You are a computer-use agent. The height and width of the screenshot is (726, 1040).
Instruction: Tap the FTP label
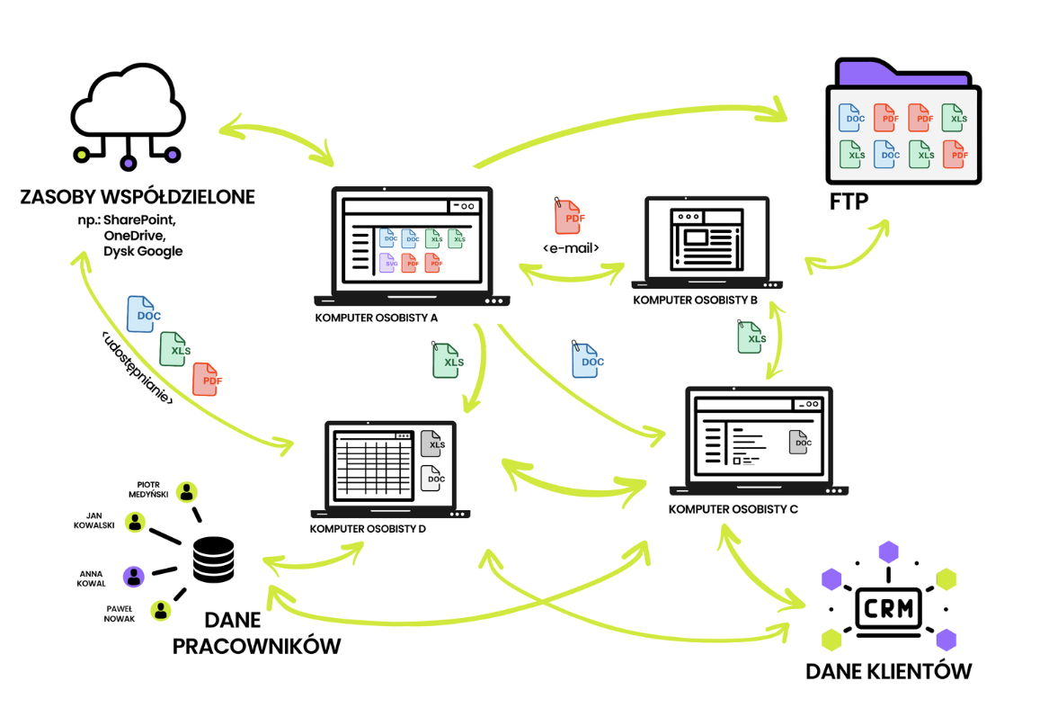pos(849,201)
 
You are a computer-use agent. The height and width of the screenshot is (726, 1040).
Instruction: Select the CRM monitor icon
pos(888,608)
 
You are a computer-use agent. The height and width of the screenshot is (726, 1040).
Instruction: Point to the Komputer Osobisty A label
pos(376,318)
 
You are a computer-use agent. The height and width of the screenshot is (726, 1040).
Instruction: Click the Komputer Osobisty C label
pos(733,509)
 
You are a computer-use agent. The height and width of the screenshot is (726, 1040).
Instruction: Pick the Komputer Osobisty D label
pos(368,529)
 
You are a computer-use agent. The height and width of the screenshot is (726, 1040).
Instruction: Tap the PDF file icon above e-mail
pos(568,217)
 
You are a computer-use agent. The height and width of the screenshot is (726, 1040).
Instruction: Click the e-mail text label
pos(571,247)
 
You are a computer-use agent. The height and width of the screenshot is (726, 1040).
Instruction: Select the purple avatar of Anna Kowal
pos(134,577)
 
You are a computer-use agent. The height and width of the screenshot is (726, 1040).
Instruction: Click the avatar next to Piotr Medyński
pos(187,492)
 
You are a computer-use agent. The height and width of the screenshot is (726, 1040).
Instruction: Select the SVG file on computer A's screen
pos(388,263)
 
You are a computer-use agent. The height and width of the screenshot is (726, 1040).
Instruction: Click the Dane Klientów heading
pos(888,671)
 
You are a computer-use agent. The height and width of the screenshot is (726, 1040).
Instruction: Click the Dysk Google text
pos(143,251)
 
